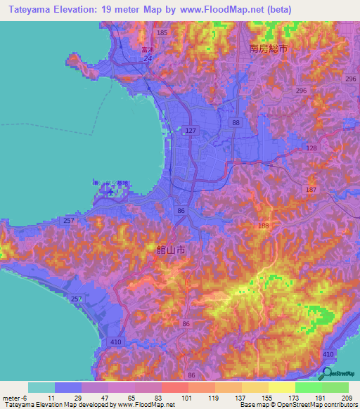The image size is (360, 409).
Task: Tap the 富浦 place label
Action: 147,51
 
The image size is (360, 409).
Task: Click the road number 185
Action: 163,33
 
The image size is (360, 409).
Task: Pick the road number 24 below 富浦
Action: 148,59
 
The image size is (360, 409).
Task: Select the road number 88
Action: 236,123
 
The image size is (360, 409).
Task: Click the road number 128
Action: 312,148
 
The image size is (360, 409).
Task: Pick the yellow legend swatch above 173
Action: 281,387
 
